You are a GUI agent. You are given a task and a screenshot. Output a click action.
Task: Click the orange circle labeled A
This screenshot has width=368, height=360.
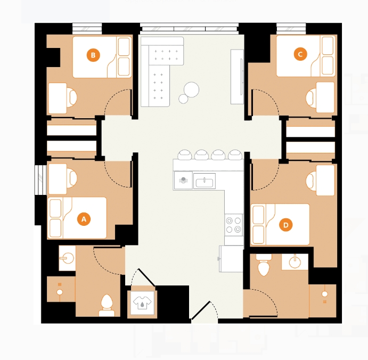click(x=84, y=219)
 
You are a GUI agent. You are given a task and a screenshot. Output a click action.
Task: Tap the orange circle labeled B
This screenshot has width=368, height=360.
click(x=93, y=55)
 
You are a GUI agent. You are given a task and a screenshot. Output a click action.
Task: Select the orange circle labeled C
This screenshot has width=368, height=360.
click(x=300, y=54)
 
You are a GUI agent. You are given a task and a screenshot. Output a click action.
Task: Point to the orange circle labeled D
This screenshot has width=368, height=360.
click(x=286, y=225)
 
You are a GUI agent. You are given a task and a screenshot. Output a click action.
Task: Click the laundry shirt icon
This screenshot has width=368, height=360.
click(x=142, y=302)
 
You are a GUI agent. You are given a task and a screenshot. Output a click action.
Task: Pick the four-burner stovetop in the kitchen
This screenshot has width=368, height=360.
click(x=233, y=225)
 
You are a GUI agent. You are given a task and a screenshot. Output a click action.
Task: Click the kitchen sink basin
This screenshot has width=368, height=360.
click(x=204, y=181)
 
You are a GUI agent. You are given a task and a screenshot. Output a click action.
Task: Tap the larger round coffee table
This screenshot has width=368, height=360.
click(x=192, y=89)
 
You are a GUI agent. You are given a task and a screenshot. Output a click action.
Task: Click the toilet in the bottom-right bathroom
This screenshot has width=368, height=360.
click(x=264, y=265)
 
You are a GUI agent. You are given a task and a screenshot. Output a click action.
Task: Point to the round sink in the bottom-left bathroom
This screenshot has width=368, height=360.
click(x=67, y=258)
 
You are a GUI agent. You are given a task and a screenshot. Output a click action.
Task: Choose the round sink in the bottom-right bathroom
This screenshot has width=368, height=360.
click(x=295, y=262)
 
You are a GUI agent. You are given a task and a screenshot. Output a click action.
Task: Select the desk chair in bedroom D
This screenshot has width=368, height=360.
click(x=311, y=181)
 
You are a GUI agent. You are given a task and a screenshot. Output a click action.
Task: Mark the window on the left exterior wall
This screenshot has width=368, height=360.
click(x=40, y=180)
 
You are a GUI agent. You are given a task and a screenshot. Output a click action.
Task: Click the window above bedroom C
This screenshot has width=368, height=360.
click(x=291, y=28)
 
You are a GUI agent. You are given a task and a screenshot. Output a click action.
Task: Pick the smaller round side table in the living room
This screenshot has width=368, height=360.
click(x=183, y=99)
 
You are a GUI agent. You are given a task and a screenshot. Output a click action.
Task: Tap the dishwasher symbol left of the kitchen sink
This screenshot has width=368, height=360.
click(x=183, y=180)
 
